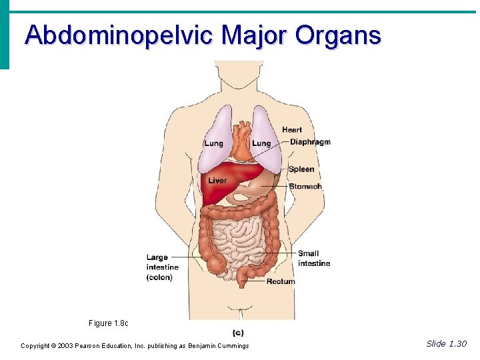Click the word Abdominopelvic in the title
tap(119, 35)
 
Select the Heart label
tap(292, 130)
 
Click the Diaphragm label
tap(310, 142)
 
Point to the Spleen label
tap(301, 169)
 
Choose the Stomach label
tap(305, 187)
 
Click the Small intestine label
tap(313, 258)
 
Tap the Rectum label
tap(281, 281)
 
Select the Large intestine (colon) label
tap(162, 267)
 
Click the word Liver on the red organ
tap(217, 181)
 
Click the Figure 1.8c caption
tap(108, 323)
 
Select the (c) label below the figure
tap(238, 333)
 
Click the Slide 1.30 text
tap(447, 344)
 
